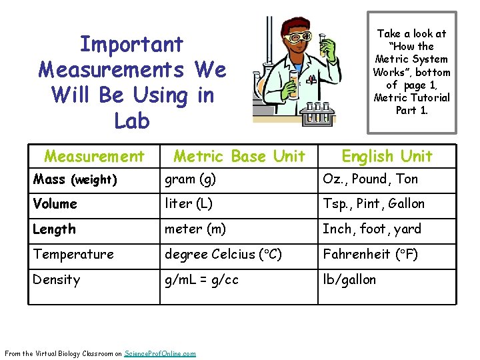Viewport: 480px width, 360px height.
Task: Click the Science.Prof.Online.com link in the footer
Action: [161, 353]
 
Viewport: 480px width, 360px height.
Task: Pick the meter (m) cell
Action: [195, 229]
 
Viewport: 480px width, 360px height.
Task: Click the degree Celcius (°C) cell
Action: [223, 255]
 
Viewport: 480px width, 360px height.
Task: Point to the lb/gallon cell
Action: [349, 280]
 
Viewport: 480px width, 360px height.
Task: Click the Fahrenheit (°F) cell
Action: [371, 255]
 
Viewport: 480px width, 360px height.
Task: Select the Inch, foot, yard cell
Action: [372, 229]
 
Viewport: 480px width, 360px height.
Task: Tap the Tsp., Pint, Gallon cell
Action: [373, 204]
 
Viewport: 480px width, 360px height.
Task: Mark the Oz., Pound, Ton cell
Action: [370, 179]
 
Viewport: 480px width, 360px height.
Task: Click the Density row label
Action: [57, 280]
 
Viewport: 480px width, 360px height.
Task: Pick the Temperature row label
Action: [73, 255]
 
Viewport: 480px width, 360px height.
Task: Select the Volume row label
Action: [55, 204]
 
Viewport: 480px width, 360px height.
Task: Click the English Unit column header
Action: [387, 156]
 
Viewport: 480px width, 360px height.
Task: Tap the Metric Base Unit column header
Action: [239, 156]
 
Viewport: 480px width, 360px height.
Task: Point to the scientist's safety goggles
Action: [297, 37]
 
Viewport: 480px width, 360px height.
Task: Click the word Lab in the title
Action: [132, 121]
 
